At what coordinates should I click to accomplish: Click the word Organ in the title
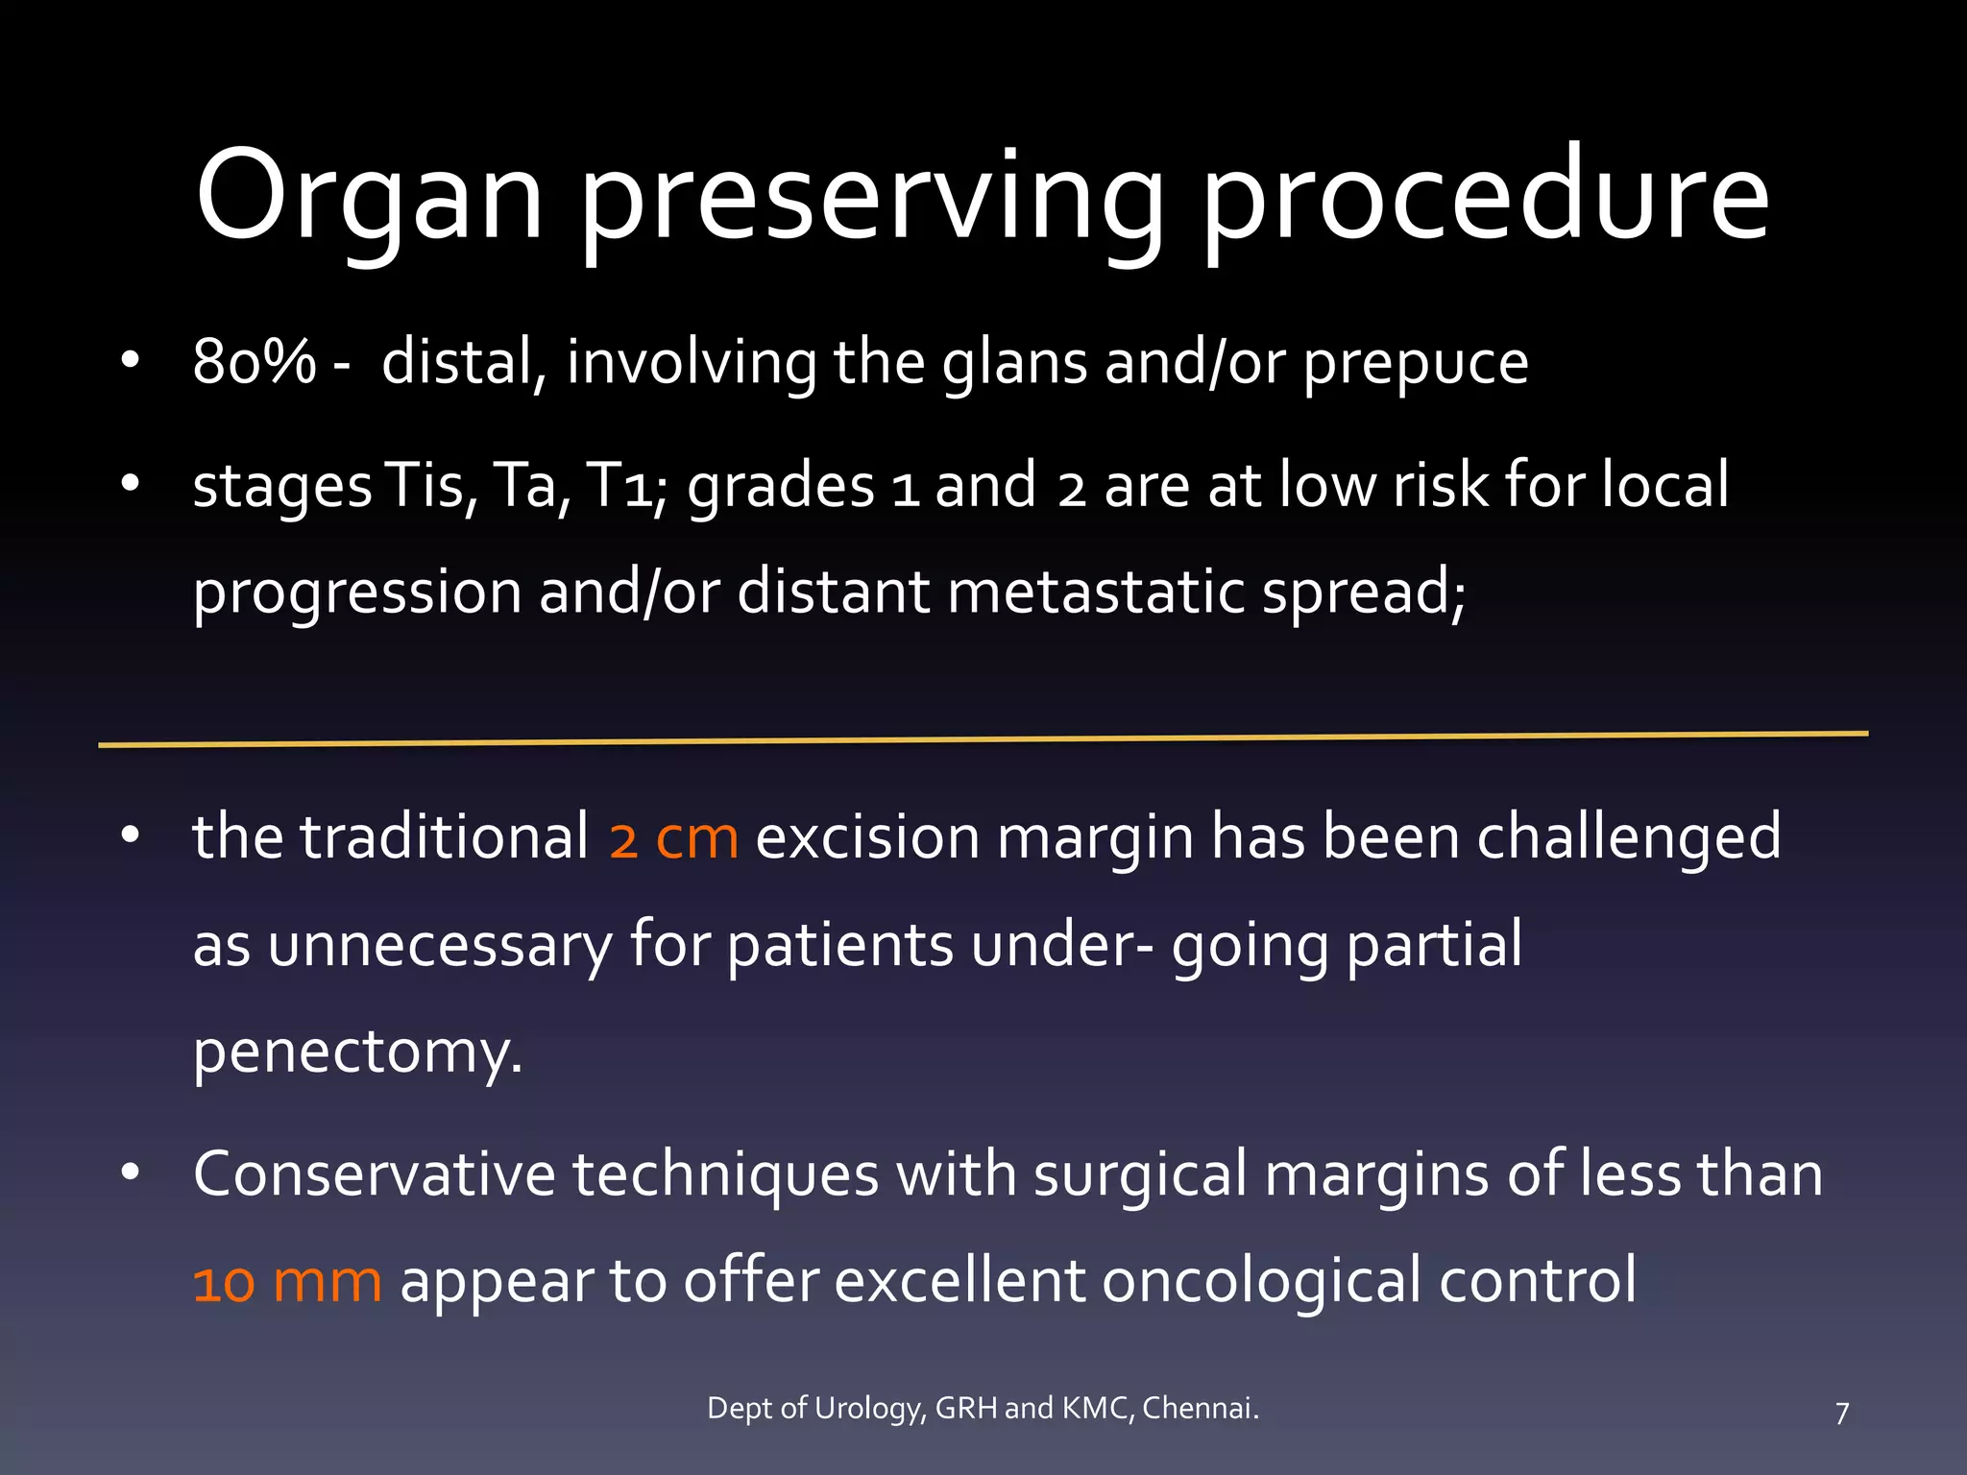370,197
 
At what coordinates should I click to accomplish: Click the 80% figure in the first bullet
254,363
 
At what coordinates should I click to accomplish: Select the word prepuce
1415,365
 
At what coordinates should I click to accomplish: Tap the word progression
356,593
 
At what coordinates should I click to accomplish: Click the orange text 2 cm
673,837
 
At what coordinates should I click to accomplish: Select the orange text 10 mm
287,1281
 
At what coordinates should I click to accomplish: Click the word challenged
1628,837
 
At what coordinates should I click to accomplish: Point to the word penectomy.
357,1052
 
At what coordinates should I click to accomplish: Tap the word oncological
1260,1283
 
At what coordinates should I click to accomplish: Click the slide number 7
1841,1413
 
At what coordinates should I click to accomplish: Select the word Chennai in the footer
1200,1408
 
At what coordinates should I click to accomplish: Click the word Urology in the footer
870,1409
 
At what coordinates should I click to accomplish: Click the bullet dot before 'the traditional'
131,835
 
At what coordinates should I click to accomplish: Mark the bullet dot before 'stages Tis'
131,483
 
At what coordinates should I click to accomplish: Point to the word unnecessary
439,945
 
